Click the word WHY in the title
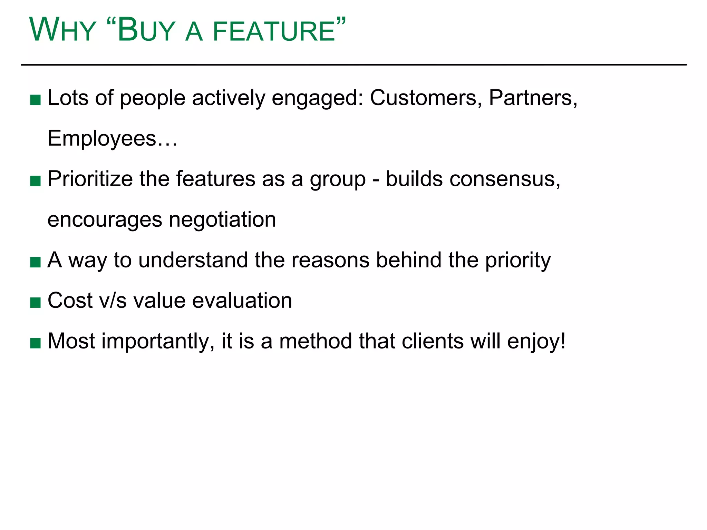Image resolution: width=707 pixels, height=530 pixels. pos(62,30)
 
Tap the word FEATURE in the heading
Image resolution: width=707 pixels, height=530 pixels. pos(274,31)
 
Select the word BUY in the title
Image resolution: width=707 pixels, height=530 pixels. pos(146,30)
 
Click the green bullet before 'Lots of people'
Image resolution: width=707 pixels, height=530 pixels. pos(36,100)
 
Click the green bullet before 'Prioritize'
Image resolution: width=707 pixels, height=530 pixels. pos(36,181)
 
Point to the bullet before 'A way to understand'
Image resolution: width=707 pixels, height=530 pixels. pos(36,262)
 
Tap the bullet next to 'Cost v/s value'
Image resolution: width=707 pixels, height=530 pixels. pos(36,303)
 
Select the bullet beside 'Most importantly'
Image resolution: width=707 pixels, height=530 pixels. pos(36,343)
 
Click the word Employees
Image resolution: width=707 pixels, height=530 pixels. pos(102,139)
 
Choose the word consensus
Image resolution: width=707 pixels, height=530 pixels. pos(504,179)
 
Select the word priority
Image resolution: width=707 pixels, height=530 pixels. pos(518,261)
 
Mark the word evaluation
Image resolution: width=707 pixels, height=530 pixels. pos(242,301)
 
